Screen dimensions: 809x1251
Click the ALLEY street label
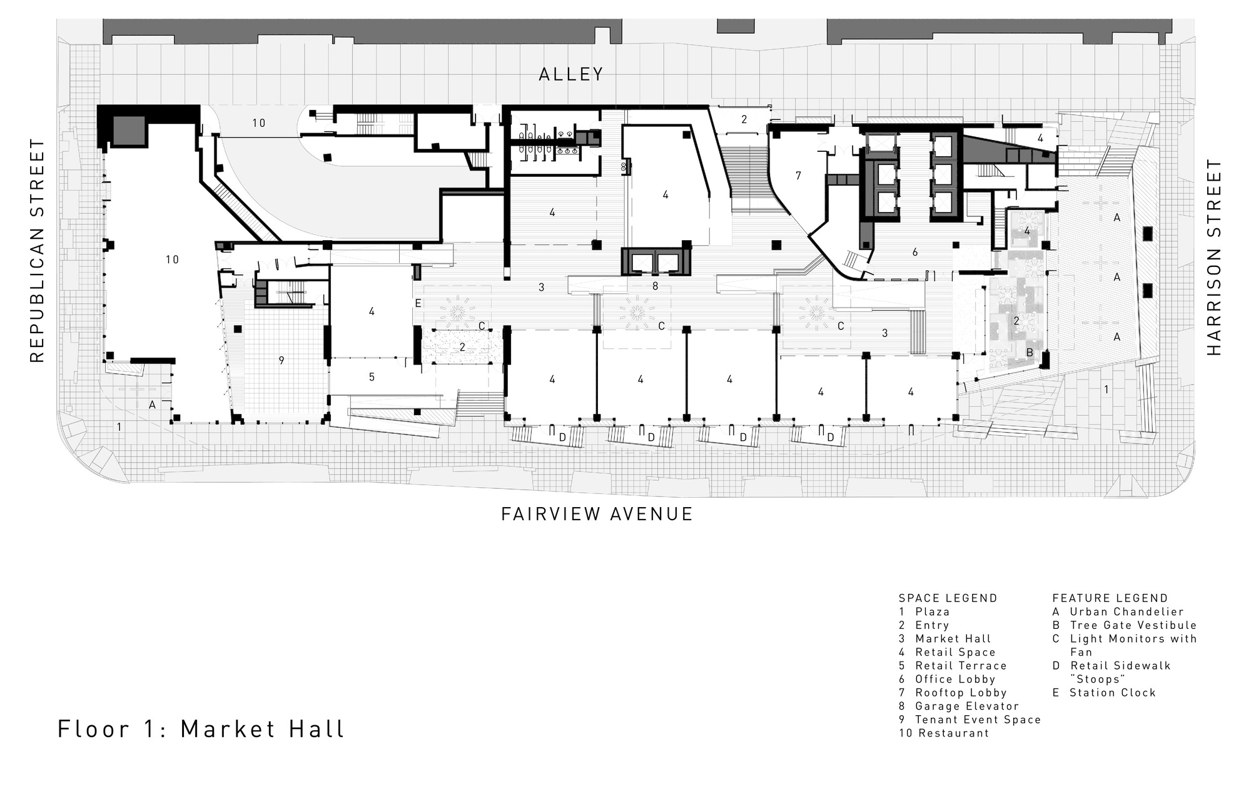pyautogui.click(x=571, y=74)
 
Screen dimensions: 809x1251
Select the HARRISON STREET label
pyautogui.click(x=1214, y=258)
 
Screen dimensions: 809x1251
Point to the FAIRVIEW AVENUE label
pyautogui.click(x=597, y=514)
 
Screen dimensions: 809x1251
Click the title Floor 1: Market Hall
pyautogui.click(x=201, y=729)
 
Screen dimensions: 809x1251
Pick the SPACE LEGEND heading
pyautogui.click(x=948, y=598)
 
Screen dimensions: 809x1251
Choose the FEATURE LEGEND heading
pyautogui.click(x=1110, y=598)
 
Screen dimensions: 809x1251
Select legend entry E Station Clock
pyautogui.click(x=1104, y=693)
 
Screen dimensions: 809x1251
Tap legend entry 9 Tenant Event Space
pyautogui.click(x=970, y=720)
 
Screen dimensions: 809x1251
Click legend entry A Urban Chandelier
pyautogui.click(x=1118, y=612)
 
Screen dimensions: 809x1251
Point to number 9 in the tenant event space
pyautogui.click(x=281, y=361)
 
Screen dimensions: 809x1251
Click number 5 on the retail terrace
pyautogui.click(x=372, y=377)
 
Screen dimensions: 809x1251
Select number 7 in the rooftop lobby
pyautogui.click(x=798, y=176)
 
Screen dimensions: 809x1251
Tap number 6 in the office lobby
pyautogui.click(x=915, y=253)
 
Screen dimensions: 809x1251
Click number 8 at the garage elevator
pyautogui.click(x=655, y=286)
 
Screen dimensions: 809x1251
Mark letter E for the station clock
pyautogui.click(x=418, y=304)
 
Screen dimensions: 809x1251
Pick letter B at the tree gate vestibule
pyautogui.click(x=1030, y=353)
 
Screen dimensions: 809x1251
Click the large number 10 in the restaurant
pyautogui.click(x=172, y=259)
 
